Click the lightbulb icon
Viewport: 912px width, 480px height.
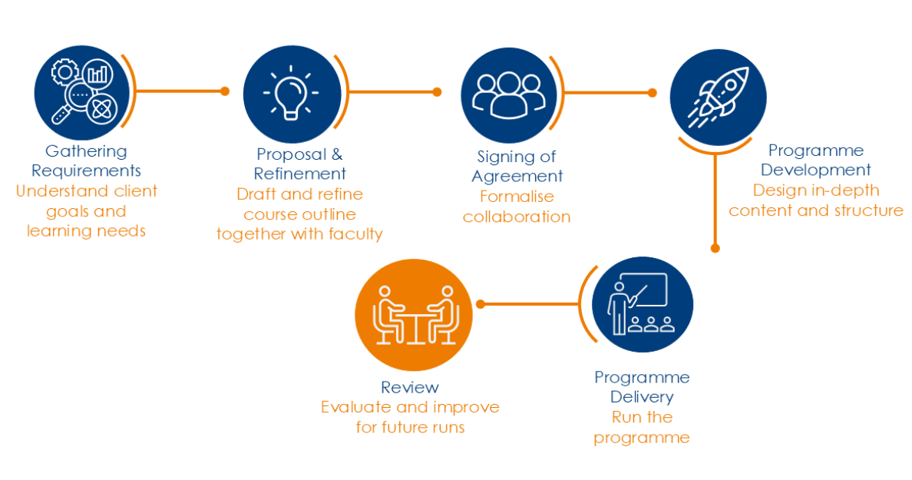[291, 93]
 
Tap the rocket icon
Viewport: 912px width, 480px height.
[719, 98]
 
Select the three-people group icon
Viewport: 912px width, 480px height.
[509, 94]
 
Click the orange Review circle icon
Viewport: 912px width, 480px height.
[414, 315]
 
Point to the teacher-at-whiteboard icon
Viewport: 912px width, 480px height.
[641, 303]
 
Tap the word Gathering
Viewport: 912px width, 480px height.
[86, 152]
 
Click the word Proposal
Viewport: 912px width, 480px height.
[292, 155]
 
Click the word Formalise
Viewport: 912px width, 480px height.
[517, 197]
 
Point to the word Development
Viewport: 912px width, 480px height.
[815, 170]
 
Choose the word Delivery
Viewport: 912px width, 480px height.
[642, 397]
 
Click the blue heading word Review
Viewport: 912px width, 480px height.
[410, 388]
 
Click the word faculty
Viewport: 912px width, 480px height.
[355, 234]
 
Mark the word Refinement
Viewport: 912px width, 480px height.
[300, 174]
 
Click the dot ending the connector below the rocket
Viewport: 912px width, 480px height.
[715, 248]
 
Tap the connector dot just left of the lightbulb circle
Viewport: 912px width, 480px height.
[225, 91]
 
